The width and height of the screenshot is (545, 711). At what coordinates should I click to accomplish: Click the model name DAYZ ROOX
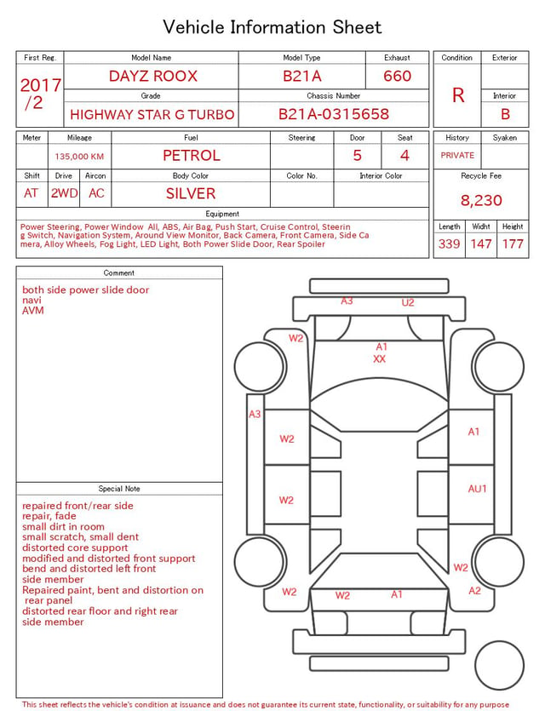point(153,76)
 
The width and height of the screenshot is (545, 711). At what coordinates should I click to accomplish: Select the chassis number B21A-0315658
point(334,114)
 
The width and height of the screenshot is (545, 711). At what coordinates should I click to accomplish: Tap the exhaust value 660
point(397,76)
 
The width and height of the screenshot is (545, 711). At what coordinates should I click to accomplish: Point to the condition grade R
point(458,95)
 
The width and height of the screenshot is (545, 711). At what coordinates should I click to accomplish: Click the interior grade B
point(505,114)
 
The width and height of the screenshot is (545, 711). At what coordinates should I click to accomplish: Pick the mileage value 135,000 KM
point(79,157)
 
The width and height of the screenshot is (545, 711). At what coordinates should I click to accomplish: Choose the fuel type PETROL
point(192,156)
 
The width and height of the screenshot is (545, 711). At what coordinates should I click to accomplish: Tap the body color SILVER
point(191,193)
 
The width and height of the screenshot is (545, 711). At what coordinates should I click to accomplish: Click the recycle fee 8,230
point(481,200)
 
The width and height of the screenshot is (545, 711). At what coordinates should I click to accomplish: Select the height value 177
point(513,244)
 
